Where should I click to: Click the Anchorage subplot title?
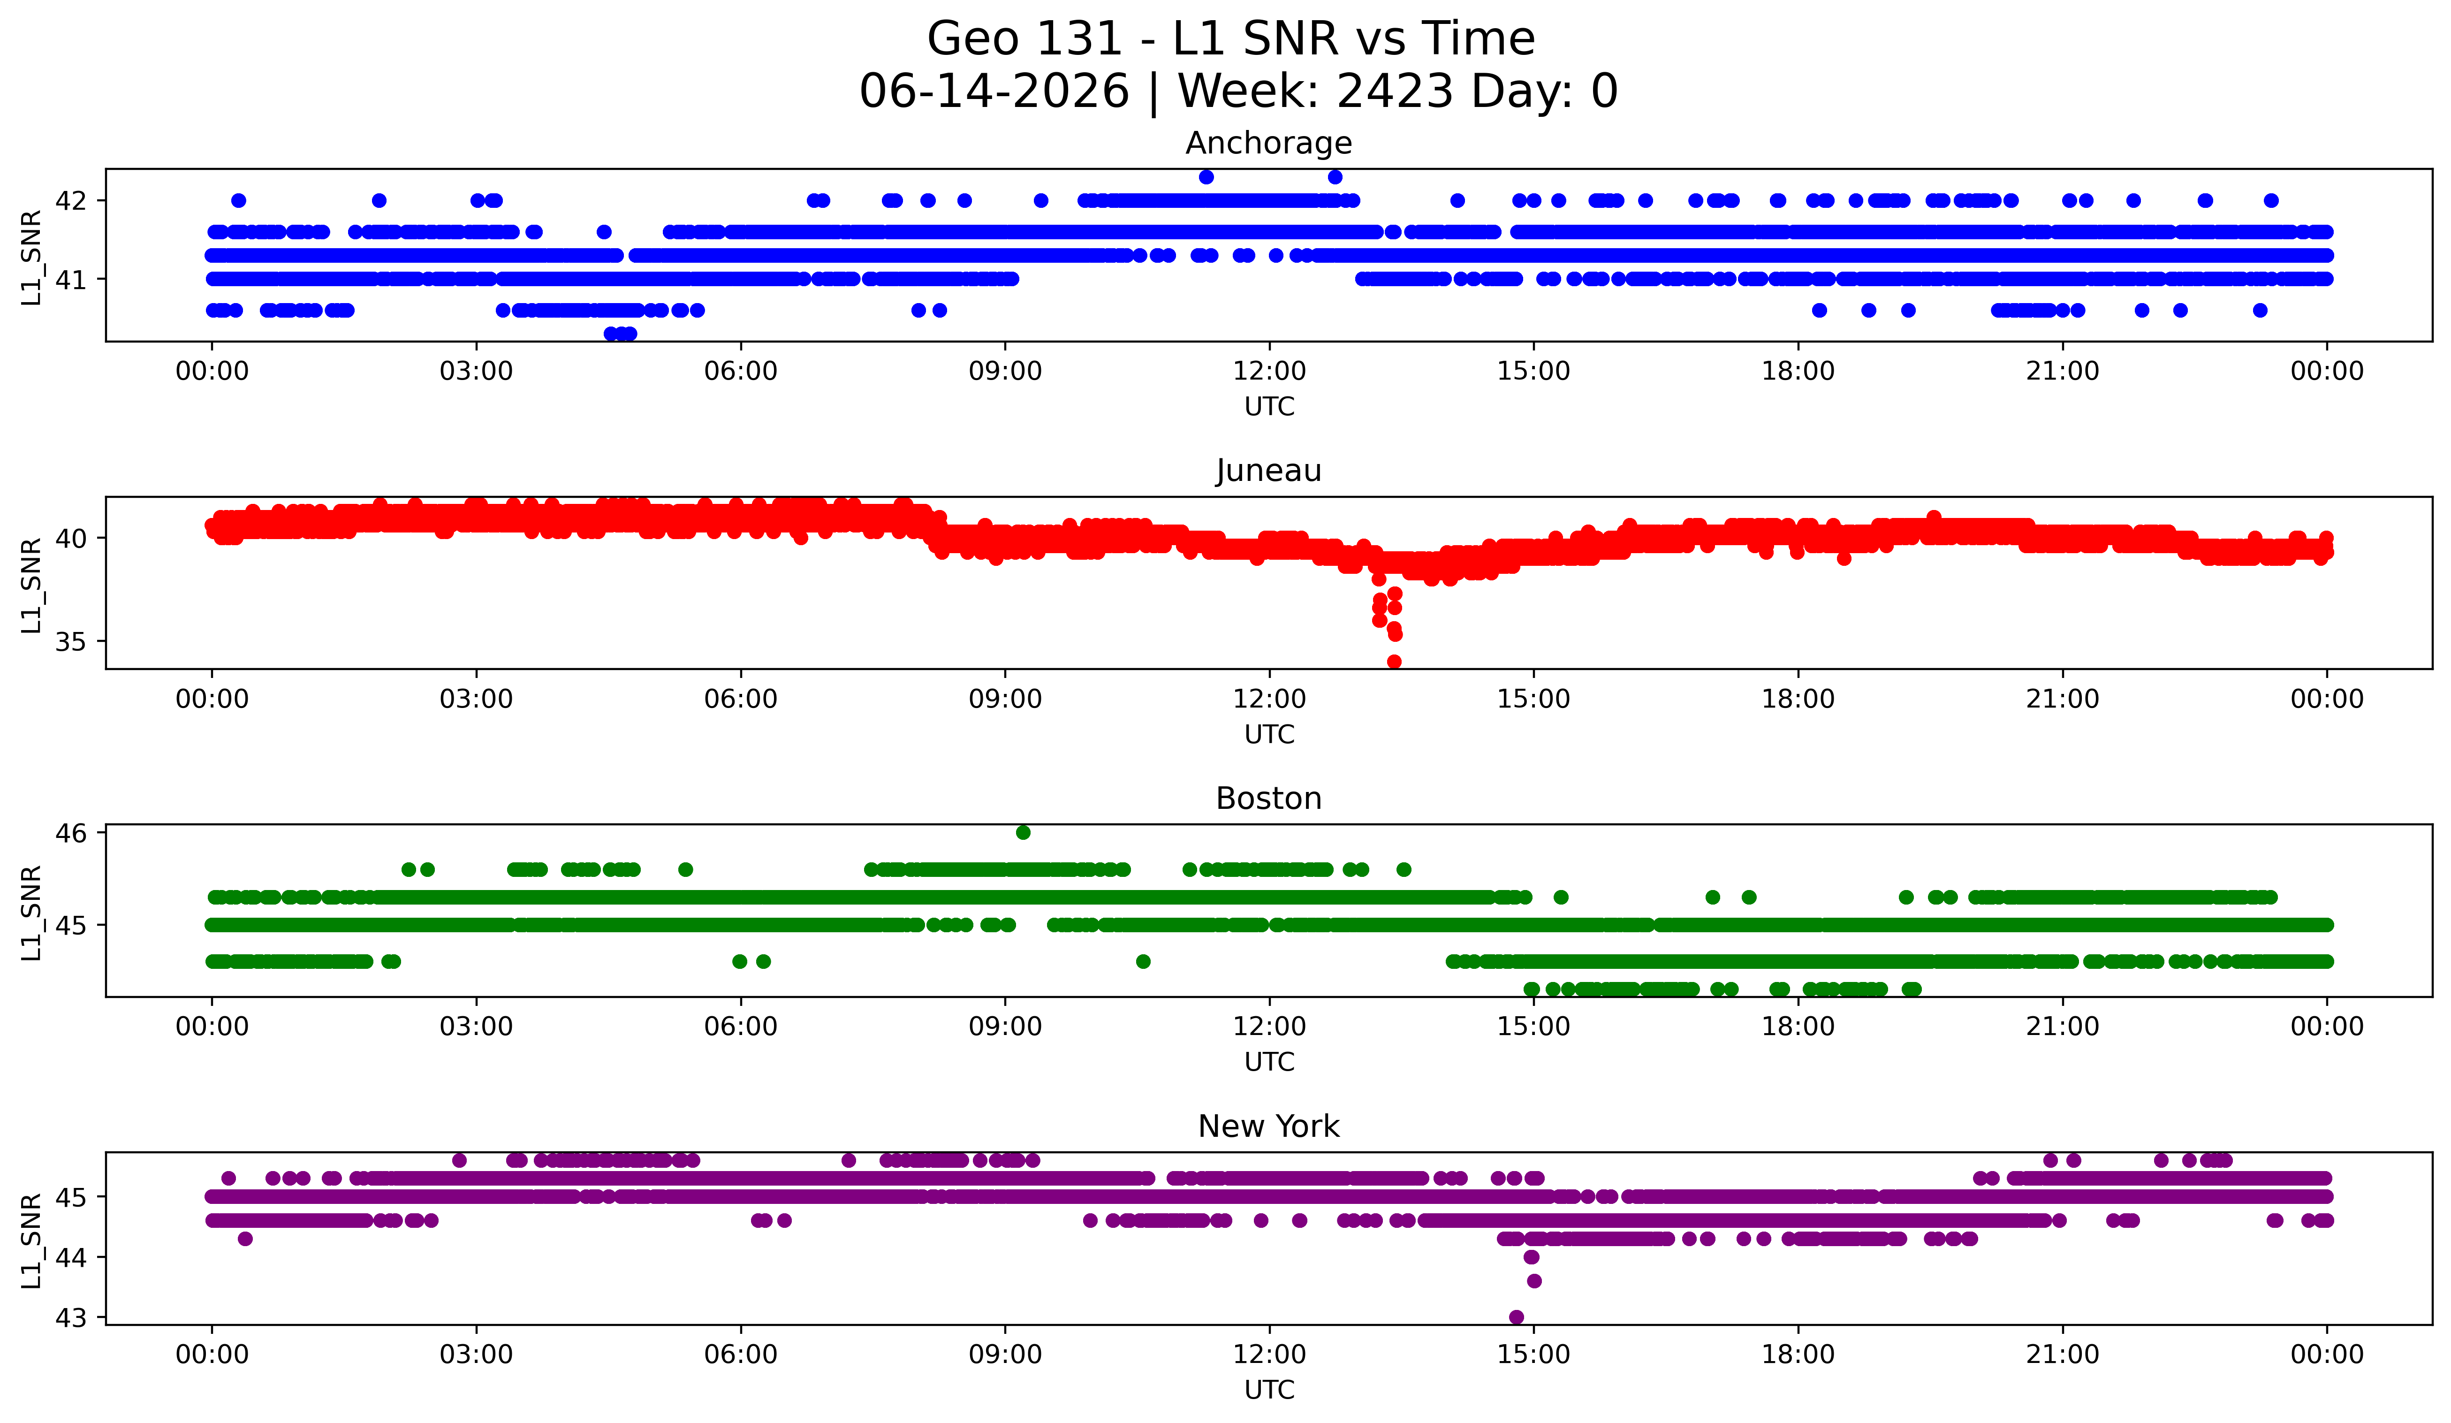click(1268, 143)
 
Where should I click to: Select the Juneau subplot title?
click(1268, 471)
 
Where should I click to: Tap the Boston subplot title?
click(1268, 799)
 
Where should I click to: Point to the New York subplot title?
click(1268, 1126)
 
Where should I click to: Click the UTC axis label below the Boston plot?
click(1269, 1062)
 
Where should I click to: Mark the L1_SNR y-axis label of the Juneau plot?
click(31, 585)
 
